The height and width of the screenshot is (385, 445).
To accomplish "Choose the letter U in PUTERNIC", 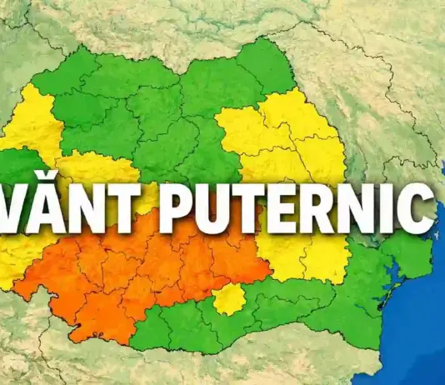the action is [x=212, y=206].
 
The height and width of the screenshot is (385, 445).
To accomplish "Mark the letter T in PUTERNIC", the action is [x=247, y=206].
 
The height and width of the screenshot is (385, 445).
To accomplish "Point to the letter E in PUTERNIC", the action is [x=280, y=206].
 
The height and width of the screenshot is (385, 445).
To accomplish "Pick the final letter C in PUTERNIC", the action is [x=413, y=206].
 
